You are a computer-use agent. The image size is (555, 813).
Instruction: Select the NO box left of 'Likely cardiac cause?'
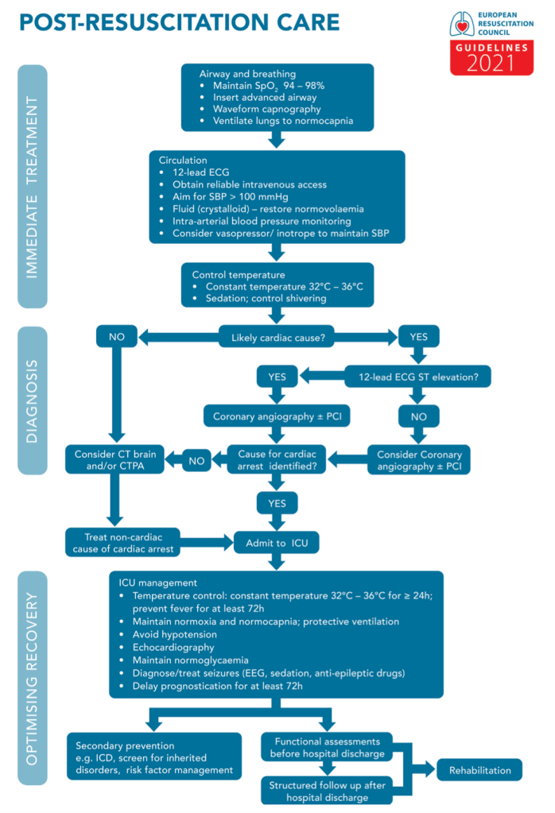(x=117, y=337)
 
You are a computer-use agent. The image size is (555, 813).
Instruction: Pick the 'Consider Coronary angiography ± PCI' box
(x=419, y=461)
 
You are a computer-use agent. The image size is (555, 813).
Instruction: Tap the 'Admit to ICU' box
(x=276, y=544)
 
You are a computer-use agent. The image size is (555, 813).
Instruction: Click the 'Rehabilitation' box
(x=479, y=770)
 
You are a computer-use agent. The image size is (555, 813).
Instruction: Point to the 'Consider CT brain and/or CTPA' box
(x=117, y=461)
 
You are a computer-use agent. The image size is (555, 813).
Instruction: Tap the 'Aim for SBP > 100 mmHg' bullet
(x=230, y=196)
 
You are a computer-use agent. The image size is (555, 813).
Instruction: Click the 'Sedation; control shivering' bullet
(x=261, y=299)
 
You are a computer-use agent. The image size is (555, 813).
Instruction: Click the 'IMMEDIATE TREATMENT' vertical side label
(x=33, y=187)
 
